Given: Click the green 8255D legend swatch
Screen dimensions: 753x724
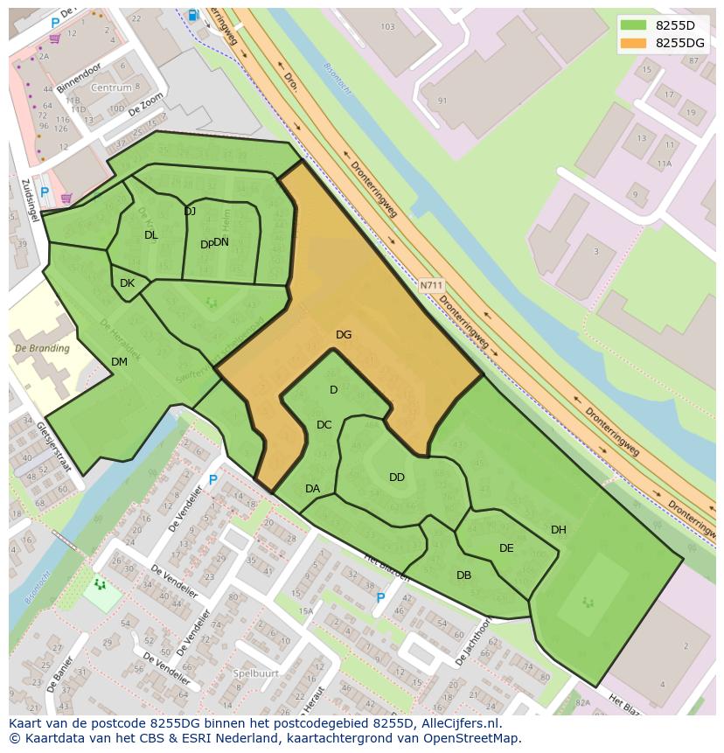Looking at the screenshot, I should click(635, 25).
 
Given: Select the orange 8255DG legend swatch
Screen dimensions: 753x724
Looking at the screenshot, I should click(635, 43).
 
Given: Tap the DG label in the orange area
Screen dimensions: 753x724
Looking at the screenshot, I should click(344, 335).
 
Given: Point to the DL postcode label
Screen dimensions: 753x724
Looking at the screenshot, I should click(151, 235).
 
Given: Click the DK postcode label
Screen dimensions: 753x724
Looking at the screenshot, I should click(127, 283).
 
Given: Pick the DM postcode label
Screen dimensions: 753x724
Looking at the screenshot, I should click(120, 362).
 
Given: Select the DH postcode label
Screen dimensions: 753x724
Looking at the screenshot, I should click(559, 530).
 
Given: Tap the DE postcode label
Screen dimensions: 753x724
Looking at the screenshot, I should click(506, 548).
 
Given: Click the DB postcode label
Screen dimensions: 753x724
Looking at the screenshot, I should click(463, 575).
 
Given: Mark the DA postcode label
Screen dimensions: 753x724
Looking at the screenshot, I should click(312, 489).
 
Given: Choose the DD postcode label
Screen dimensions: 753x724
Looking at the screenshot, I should click(397, 478).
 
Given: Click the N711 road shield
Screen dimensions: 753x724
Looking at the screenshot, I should click(431, 285).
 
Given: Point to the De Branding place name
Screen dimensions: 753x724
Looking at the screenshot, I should click(42, 349).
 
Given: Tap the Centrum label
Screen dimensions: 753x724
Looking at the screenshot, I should click(111, 88).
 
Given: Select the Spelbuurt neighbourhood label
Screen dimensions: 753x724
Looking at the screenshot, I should click(256, 673).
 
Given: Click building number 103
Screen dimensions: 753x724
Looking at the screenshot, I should click(388, 27).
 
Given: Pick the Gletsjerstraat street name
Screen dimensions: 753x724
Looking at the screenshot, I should click(54, 447).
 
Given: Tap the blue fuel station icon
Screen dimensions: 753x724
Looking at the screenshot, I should click(192, 15).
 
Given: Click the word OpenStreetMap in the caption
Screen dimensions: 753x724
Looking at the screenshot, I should click(473, 738).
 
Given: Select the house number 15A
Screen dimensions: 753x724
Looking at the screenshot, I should click(305, 611).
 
